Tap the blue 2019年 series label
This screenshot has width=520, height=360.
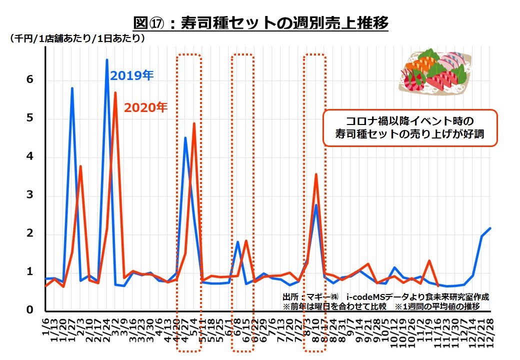[131, 75]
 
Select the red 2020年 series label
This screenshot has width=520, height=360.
[145, 107]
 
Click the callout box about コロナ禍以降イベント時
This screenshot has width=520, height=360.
[410, 128]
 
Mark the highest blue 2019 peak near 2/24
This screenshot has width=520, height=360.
[107, 60]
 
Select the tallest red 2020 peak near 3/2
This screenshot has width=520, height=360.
[115, 92]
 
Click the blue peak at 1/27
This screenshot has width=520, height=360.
[72, 88]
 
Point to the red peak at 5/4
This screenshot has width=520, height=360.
[194, 123]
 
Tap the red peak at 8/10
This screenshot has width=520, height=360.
[316, 174]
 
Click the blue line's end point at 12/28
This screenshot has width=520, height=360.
[490, 228]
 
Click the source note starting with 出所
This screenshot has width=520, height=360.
[385, 297]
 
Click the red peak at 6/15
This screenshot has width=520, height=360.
[246, 241]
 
